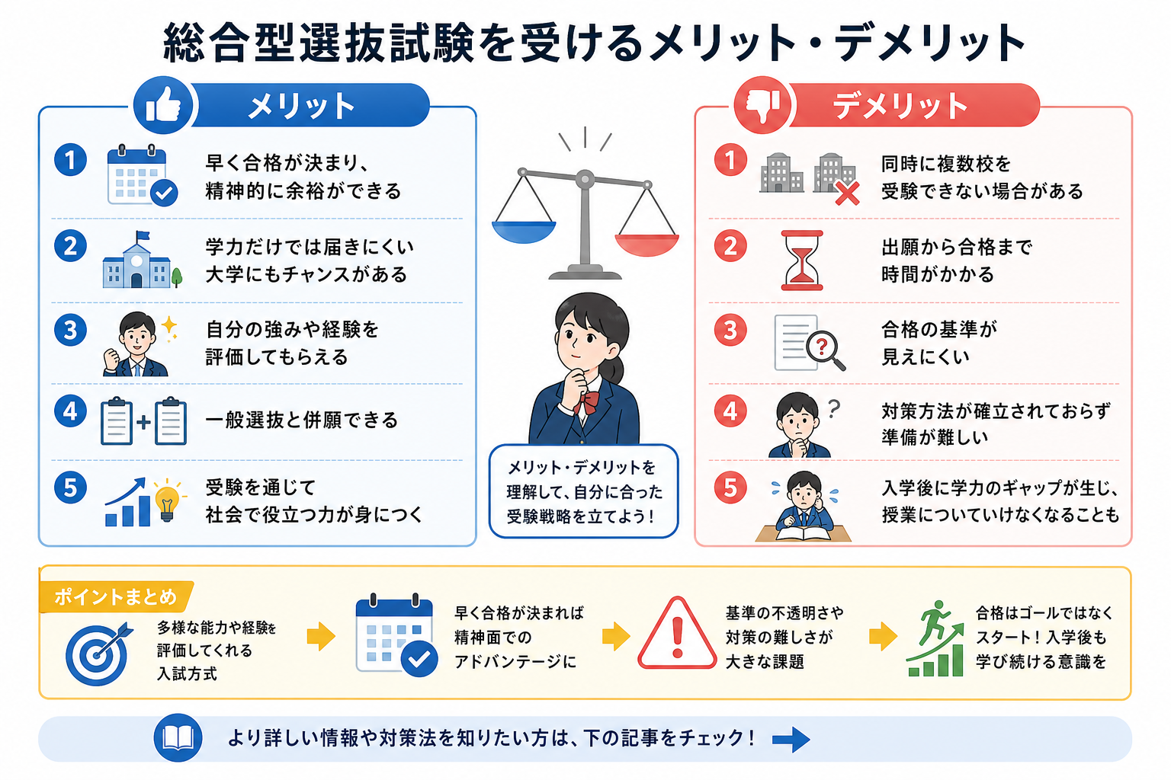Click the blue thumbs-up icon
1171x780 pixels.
163,105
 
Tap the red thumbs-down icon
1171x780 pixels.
762,105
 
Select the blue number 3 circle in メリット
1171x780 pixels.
71,330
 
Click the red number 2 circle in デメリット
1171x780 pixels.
730,247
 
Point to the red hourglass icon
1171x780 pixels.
801,261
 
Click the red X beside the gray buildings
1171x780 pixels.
847,193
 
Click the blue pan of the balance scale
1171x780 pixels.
524,232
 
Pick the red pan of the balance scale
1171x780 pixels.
646,245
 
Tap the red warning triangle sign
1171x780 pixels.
678,635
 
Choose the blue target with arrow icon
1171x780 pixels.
98,653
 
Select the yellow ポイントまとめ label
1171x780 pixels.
116,596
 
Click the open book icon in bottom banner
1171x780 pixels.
178,737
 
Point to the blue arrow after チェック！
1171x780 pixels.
791,740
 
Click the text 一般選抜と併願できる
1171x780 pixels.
302,420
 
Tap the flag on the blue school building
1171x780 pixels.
143,236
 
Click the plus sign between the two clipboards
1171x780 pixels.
143,421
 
